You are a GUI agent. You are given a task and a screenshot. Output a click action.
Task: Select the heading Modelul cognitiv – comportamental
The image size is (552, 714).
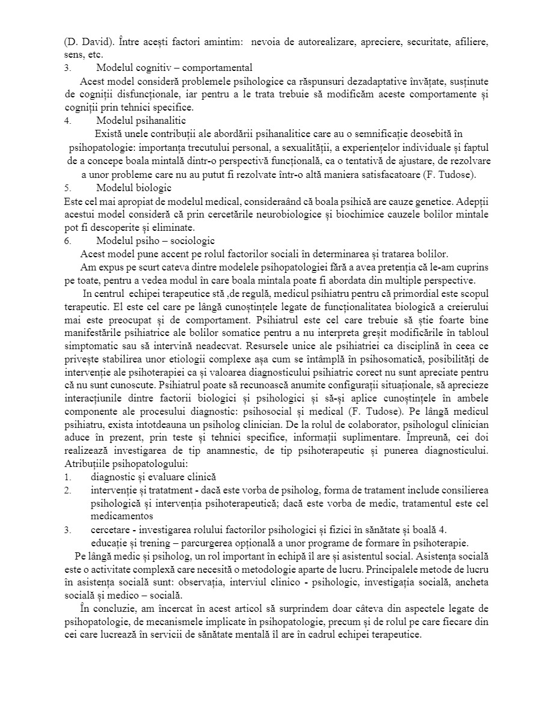click(174, 67)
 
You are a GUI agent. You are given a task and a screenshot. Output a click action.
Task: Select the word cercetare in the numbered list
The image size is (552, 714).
click(111, 529)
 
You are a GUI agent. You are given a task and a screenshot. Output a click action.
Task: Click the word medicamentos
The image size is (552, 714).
click(122, 516)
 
